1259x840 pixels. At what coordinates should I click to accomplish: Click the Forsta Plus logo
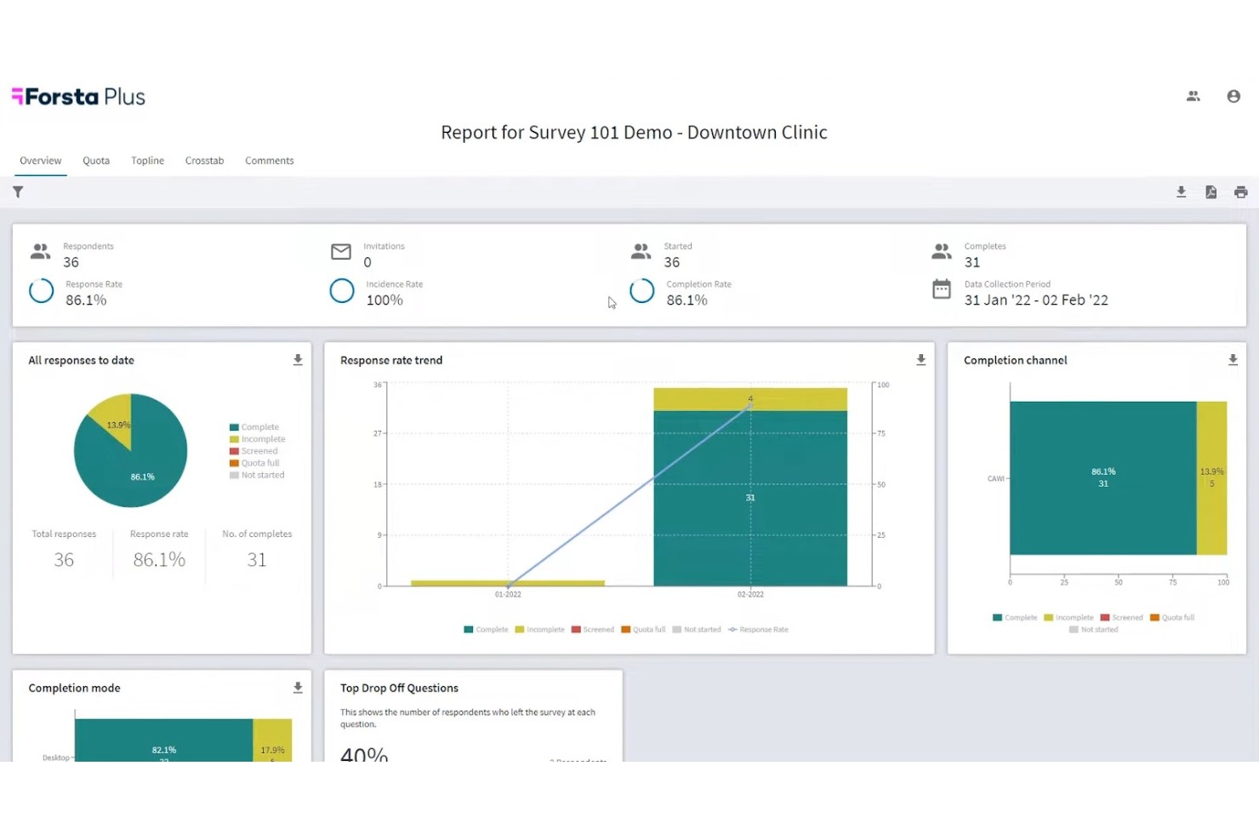(78, 97)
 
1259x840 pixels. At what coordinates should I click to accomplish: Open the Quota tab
(96, 161)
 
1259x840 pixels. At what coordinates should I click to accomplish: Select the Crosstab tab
(204, 161)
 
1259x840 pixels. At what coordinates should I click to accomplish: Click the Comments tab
(269, 161)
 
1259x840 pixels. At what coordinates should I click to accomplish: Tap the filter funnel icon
(18, 192)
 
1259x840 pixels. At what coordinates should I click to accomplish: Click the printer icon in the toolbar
(1240, 192)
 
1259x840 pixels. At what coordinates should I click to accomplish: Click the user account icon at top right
(1233, 97)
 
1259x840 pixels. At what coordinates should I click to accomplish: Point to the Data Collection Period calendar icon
(942, 289)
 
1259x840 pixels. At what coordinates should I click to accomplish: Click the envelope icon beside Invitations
(341, 252)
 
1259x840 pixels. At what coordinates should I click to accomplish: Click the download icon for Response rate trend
(920, 361)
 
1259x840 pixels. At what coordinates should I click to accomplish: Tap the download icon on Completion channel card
(1233, 361)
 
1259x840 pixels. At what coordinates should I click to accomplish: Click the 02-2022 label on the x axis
(750, 595)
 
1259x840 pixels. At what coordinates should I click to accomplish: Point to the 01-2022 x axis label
(508, 595)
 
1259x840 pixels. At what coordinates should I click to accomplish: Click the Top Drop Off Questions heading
(399, 689)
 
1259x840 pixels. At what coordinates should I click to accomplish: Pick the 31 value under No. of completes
(256, 560)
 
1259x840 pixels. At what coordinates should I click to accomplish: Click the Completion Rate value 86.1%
(686, 300)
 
